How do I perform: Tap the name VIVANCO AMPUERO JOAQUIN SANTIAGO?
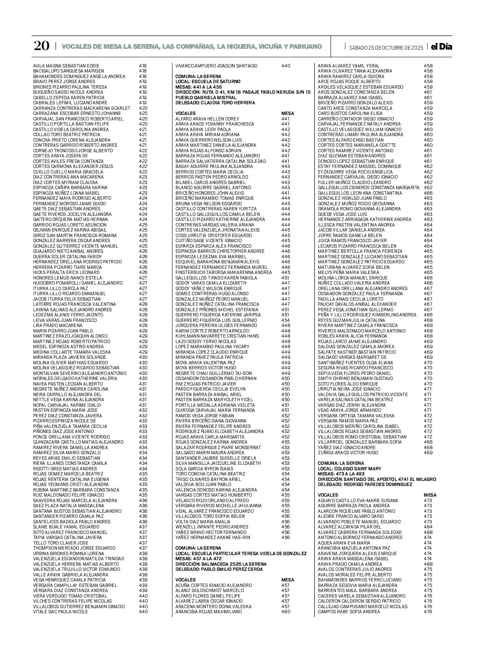click(216, 66)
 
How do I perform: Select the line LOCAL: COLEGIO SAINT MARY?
click(350, 469)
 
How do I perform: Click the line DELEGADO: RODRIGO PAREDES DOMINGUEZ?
click(365, 484)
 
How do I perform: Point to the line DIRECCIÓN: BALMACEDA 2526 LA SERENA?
click(221, 564)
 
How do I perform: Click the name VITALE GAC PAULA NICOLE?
click(61, 612)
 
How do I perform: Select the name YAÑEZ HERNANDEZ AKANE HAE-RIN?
click(213, 537)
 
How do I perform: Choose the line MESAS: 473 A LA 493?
click(341, 474)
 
